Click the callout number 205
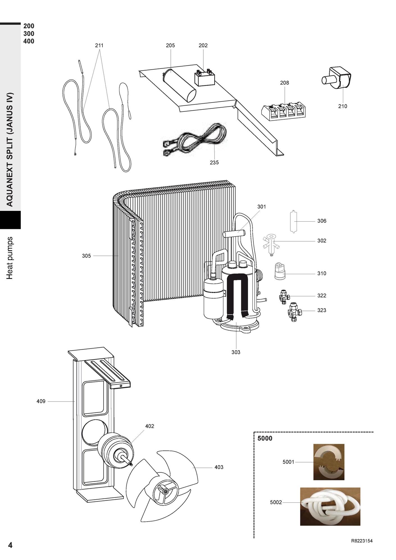pos(170,45)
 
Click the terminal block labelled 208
pos(284,112)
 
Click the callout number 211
pos(99,45)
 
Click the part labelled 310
pos(279,271)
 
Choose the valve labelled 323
pos(294,311)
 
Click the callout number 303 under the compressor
pos(236,352)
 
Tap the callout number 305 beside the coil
pos(87,256)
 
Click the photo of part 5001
pos(329,462)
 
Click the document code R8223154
pos(362,541)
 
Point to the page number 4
pos(10,545)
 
